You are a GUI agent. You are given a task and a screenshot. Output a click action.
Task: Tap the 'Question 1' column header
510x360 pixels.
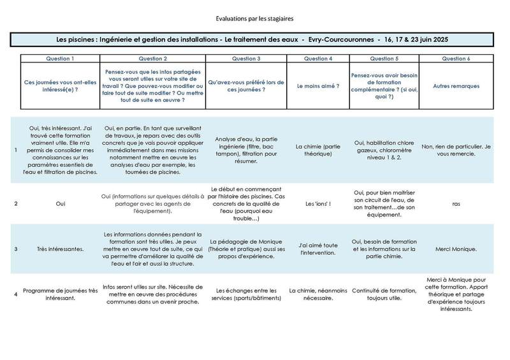[x=59, y=58]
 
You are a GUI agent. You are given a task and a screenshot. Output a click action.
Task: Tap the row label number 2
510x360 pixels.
[x=16, y=204]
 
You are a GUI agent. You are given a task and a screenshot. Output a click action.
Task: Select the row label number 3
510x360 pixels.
[x=16, y=248]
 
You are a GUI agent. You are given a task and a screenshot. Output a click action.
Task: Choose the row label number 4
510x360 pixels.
[x=16, y=294]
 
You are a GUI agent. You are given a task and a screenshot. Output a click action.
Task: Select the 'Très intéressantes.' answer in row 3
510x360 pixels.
[x=59, y=248]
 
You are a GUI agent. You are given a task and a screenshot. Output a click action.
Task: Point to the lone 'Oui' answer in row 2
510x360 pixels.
[x=59, y=204]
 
